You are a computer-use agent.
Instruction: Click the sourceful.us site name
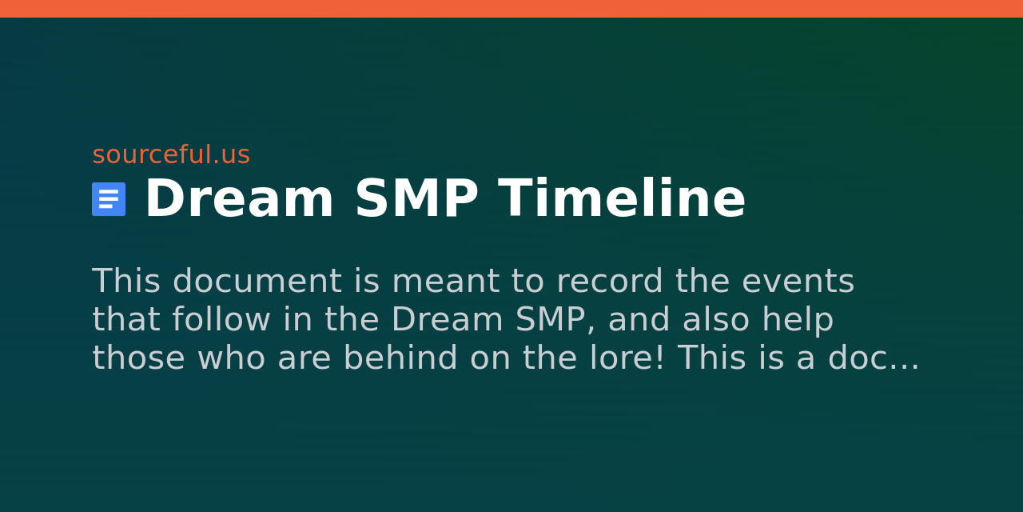click(x=171, y=154)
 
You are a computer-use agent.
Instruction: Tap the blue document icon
click(x=109, y=199)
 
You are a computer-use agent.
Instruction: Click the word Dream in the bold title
click(x=239, y=199)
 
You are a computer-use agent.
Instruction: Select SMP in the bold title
click(x=416, y=199)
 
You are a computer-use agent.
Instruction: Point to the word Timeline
click(x=622, y=199)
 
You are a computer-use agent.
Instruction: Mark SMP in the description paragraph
click(x=555, y=320)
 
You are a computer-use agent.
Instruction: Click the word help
click(x=798, y=320)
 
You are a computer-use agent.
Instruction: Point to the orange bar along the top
click(x=511, y=9)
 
